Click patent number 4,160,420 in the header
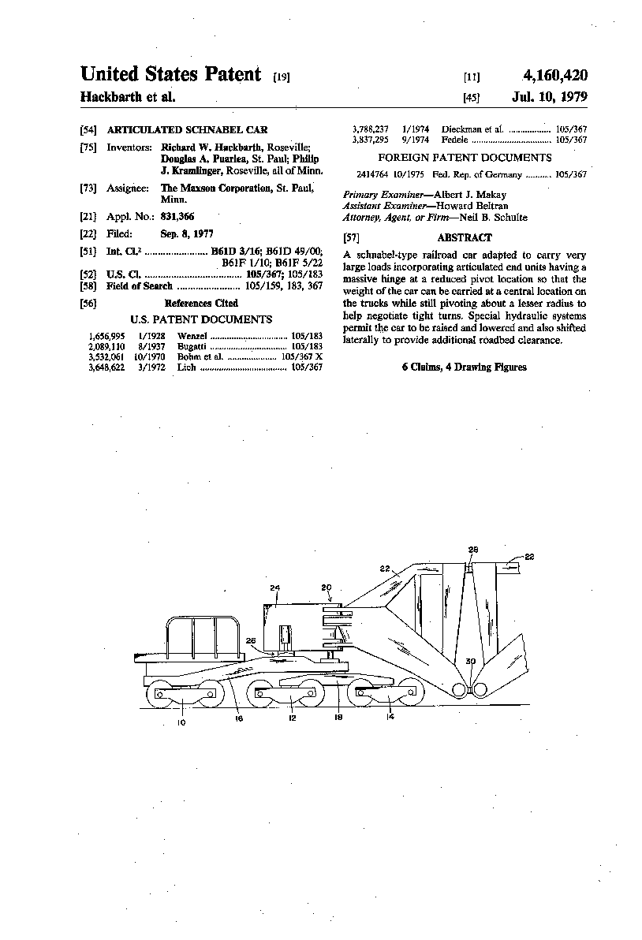554,76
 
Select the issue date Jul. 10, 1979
549,98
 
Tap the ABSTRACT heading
464,237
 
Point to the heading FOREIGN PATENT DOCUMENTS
464,158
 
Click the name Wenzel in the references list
192,336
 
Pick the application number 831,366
177,216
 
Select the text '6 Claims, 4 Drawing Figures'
464,367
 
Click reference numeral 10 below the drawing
181,722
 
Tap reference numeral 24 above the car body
274,587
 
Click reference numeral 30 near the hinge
471,660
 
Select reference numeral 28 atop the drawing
472,550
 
